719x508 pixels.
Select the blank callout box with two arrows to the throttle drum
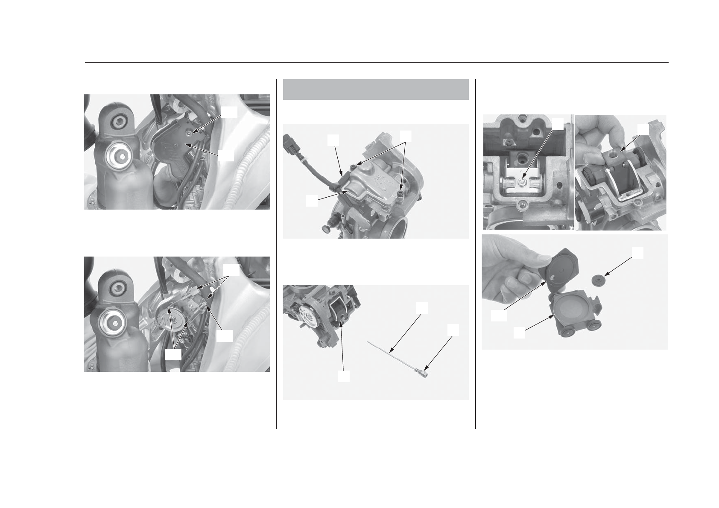pos(172,354)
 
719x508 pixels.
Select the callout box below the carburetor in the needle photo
pos(344,376)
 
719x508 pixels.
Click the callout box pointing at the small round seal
pos(638,253)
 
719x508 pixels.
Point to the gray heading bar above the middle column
pos(376,89)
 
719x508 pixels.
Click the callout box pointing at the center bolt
pos(558,124)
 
